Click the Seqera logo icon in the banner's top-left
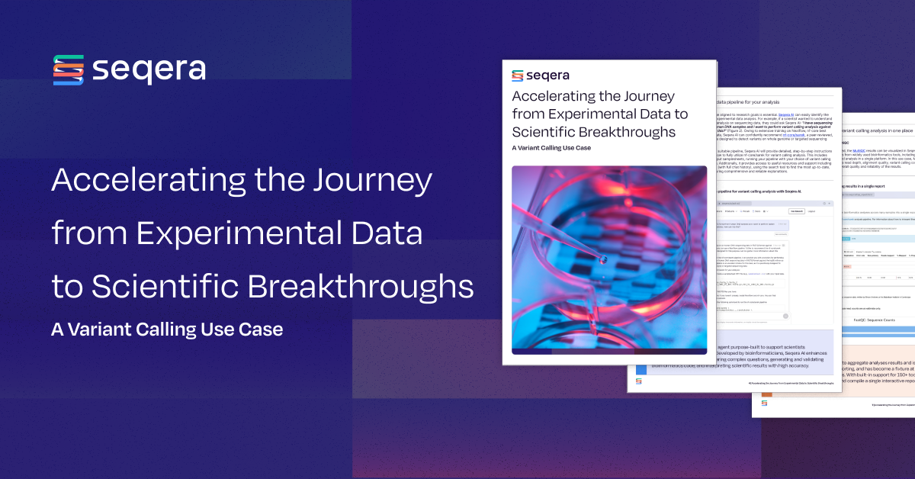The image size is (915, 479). (68, 70)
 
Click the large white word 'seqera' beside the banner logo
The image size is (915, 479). (149, 70)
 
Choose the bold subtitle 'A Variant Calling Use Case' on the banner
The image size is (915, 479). (167, 330)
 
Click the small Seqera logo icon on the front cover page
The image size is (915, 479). (518, 76)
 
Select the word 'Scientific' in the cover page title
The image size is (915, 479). (547, 131)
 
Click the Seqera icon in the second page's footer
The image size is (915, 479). (639, 381)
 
